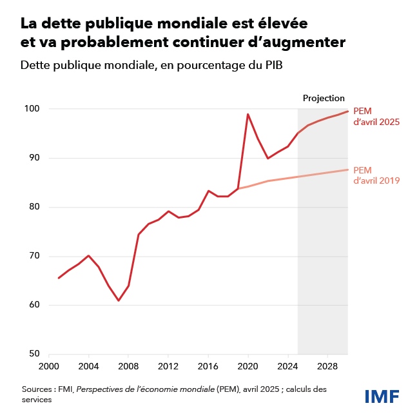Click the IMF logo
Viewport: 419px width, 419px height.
click(x=382, y=396)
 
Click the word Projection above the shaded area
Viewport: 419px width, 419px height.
click(x=324, y=98)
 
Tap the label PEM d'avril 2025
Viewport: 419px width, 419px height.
click(x=377, y=116)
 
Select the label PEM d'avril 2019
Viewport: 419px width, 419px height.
click(x=377, y=175)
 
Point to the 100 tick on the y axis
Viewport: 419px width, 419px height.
click(x=33, y=109)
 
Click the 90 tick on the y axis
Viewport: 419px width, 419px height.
click(x=34, y=158)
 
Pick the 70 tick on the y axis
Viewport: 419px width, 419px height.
click(x=34, y=256)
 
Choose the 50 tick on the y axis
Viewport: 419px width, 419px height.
click(x=34, y=354)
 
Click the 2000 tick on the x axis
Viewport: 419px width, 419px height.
click(x=49, y=366)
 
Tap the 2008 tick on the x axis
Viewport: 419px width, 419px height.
click(x=128, y=366)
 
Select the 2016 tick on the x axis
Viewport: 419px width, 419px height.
click(x=208, y=366)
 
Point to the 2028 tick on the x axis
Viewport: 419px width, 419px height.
click(x=327, y=366)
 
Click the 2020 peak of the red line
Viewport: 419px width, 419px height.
click(x=248, y=114)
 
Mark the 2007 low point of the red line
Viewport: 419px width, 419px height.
click(x=119, y=300)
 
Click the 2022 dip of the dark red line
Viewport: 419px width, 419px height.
click(x=268, y=158)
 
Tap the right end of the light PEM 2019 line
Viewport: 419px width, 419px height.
click(x=348, y=170)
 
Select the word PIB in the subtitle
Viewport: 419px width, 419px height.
click(x=274, y=66)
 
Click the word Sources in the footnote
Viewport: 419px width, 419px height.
click(x=37, y=390)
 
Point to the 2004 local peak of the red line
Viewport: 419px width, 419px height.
click(x=89, y=256)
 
